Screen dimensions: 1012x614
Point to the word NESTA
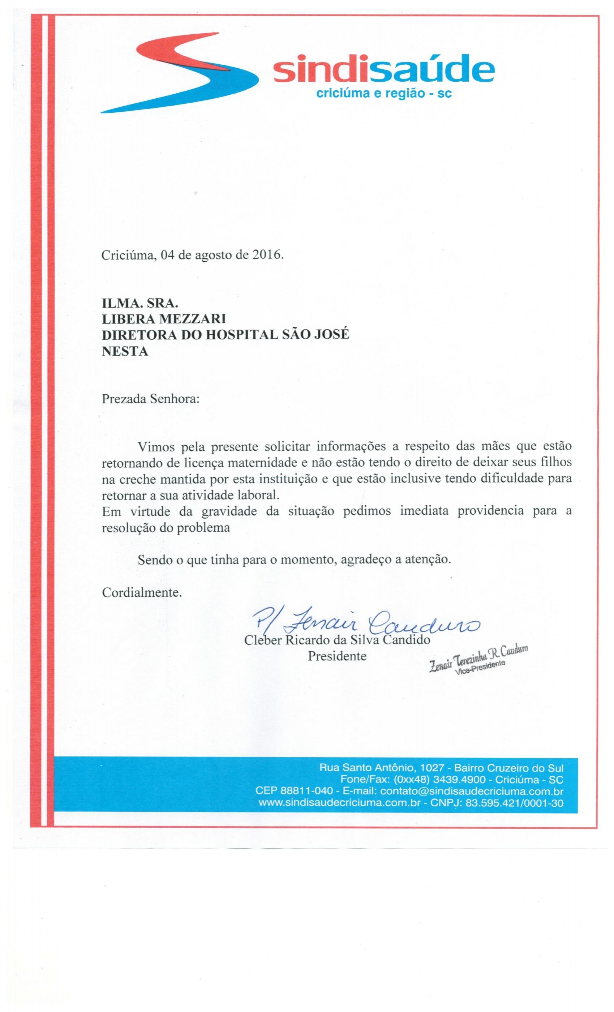tap(125, 352)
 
